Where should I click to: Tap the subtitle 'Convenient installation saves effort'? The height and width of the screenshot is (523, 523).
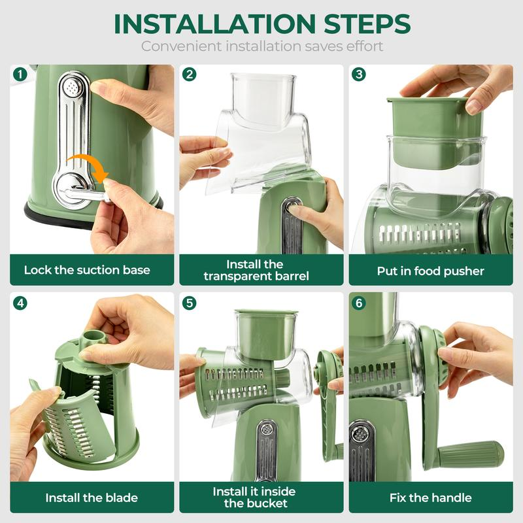(x=261, y=46)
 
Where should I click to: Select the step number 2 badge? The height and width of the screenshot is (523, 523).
(x=190, y=74)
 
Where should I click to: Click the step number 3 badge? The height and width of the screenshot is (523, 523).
(x=359, y=74)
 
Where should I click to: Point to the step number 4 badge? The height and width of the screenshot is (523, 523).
(x=20, y=303)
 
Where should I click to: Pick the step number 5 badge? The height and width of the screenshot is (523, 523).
(x=190, y=303)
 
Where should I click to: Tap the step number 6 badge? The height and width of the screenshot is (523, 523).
(x=359, y=303)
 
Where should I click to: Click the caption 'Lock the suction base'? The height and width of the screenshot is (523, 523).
(x=87, y=270)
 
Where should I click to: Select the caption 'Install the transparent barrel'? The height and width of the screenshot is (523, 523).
(x=256, y=270)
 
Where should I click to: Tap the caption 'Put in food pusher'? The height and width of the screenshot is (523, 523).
(x=430, y=270)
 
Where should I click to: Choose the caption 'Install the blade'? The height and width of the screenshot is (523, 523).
(x=92, y=498)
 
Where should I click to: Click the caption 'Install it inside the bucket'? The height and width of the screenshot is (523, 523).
(x=254, y=498)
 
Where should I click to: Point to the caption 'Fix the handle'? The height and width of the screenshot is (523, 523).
(x=430, y=498)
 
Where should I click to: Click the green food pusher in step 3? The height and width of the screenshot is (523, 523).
(x=428, y=121)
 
